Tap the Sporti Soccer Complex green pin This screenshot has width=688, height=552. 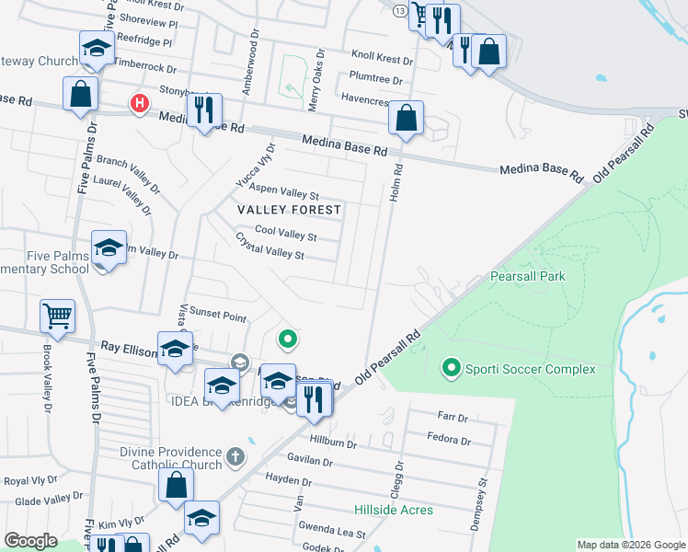451,369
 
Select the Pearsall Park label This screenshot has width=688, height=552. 526,276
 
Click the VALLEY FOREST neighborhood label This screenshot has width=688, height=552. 289,210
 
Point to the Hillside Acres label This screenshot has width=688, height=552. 394,509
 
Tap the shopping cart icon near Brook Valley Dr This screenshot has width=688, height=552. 57,316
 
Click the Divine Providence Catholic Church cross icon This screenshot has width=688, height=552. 235,455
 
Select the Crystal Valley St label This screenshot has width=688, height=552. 269,247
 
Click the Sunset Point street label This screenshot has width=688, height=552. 218,316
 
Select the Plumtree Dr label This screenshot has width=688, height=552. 375,79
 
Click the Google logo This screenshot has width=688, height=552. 31,541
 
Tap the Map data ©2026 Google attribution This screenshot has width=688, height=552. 631,545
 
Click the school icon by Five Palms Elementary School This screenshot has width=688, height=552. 109,248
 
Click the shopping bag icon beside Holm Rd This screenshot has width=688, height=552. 405,118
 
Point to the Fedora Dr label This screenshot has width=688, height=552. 448,438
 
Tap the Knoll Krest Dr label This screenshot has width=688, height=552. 382,58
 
